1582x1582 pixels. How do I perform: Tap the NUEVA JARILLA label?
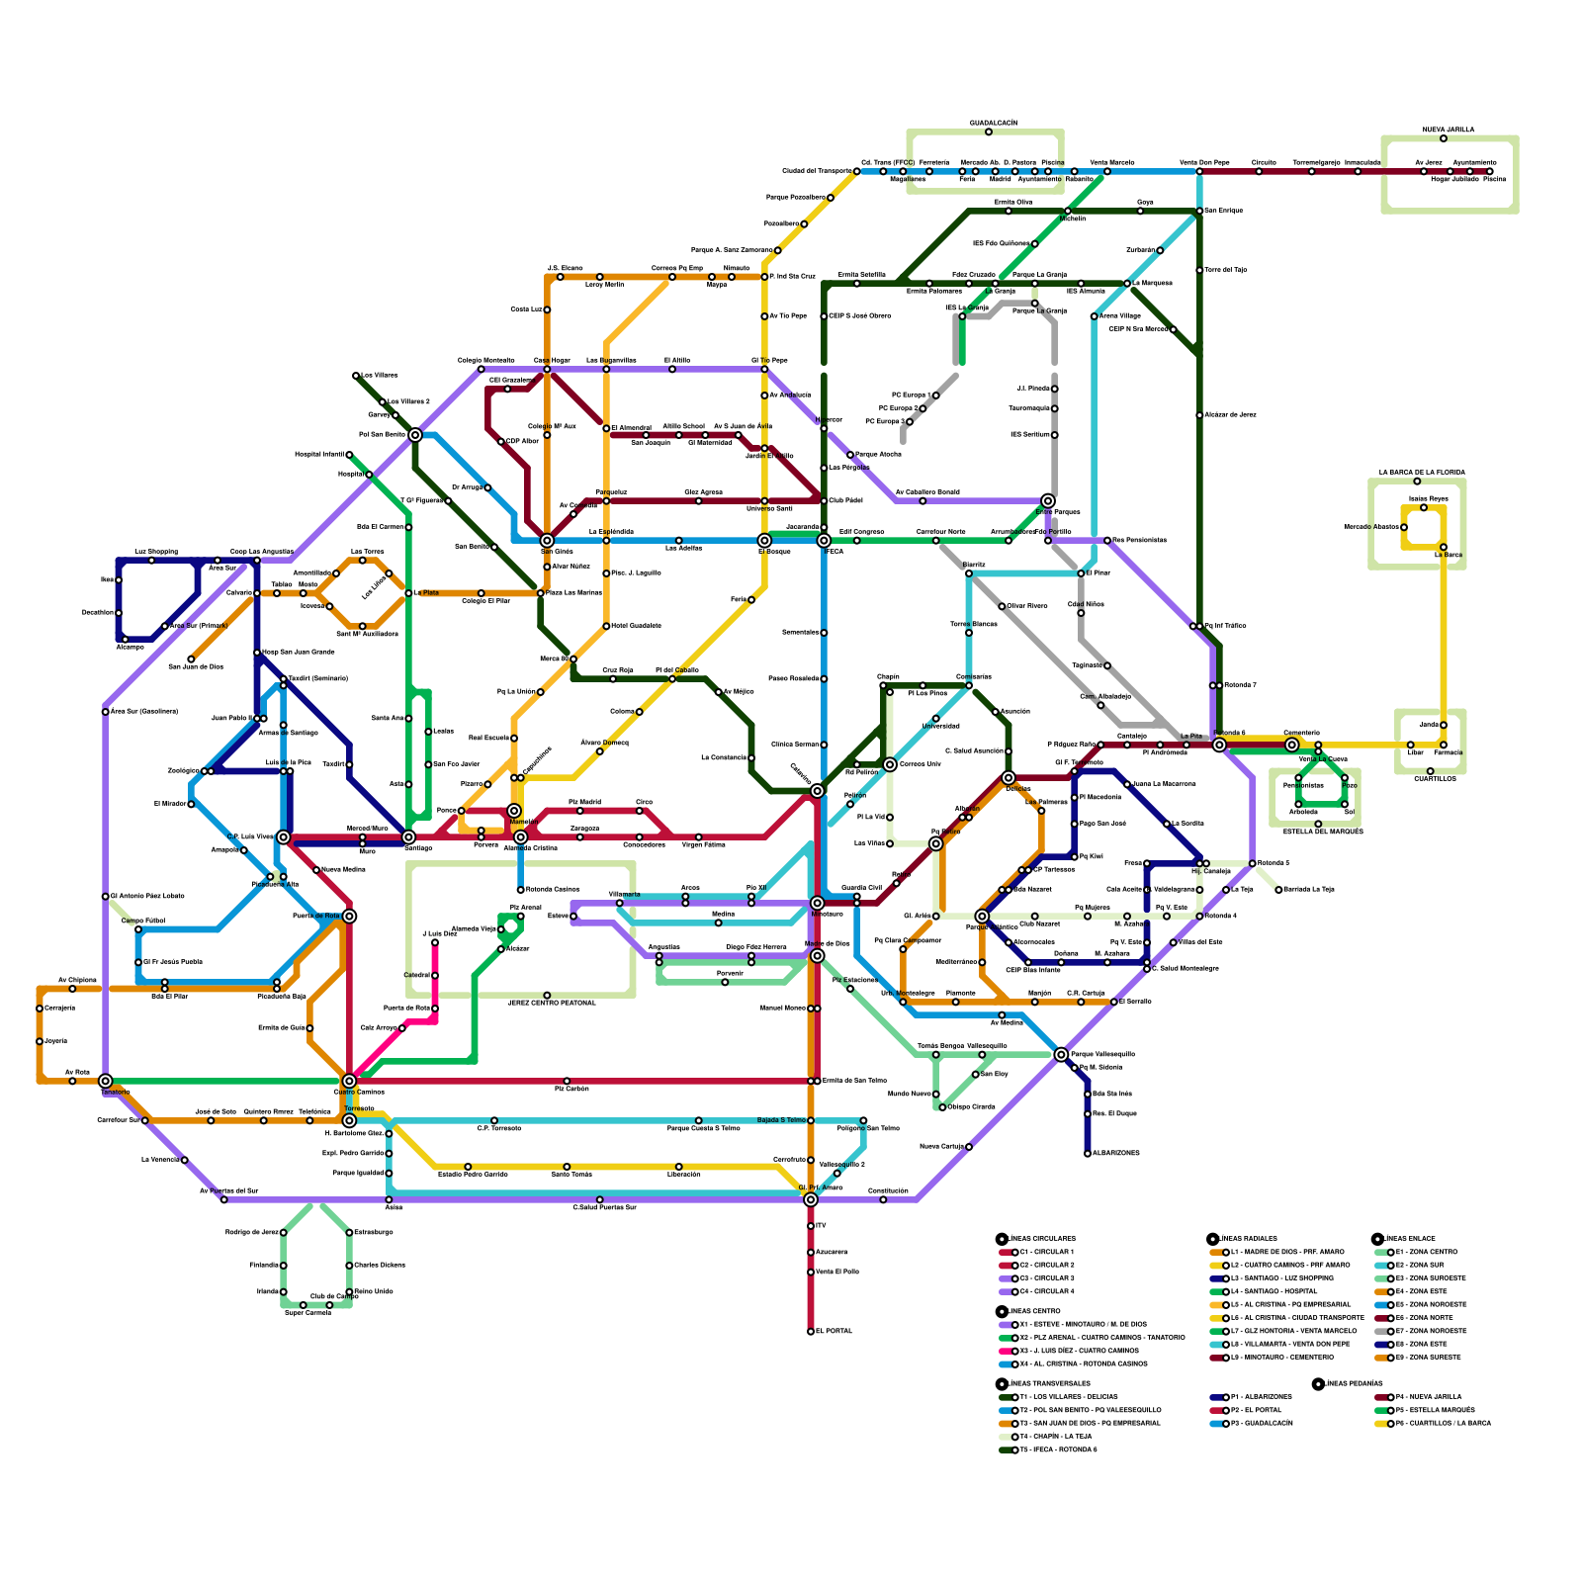point(1449,130)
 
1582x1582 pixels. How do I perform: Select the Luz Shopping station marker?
point(151,561)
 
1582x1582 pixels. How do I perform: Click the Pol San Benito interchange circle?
point(415,435)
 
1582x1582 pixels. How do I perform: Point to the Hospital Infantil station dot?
point(349,455)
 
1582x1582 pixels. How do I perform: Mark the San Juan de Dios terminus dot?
point(191,659)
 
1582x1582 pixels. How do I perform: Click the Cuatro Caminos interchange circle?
point(349,1081)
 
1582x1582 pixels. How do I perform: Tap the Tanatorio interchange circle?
point(106,1081)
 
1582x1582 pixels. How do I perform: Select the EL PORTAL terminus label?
point(834,1332)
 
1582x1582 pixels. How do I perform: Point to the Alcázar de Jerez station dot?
point(1199,415)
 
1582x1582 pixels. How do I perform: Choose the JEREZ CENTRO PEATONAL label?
point(552,1003)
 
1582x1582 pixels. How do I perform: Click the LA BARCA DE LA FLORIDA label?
point(1422,473)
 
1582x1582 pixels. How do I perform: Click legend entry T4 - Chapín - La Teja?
point(1056,1437)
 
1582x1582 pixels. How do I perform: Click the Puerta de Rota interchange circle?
point(349,917)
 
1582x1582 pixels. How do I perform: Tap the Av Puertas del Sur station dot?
point(224,1199)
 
